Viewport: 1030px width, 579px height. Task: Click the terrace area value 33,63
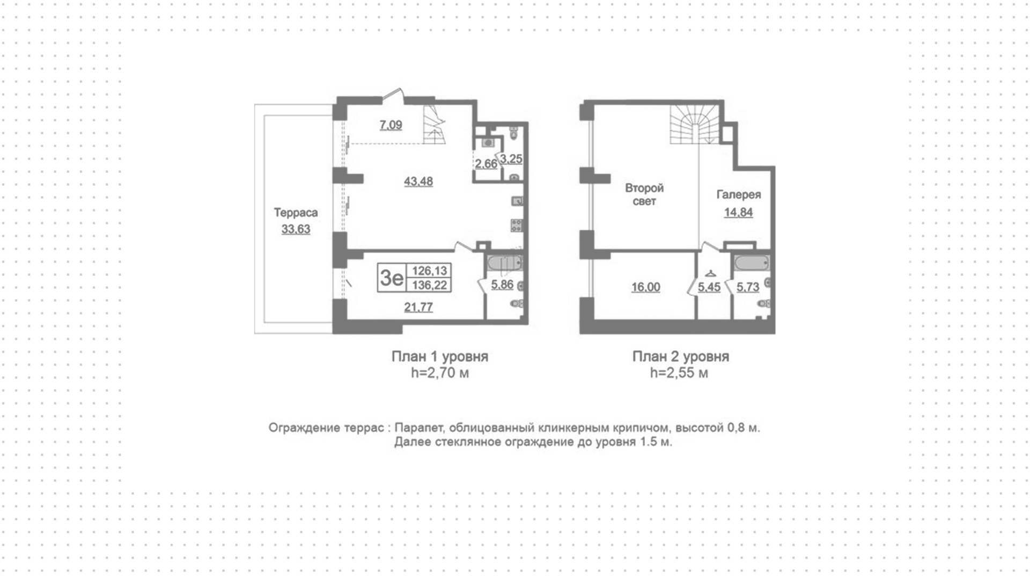pos(296,229)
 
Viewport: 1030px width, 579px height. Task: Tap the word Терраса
pos(296,213)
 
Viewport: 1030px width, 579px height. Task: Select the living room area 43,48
pos(418,182)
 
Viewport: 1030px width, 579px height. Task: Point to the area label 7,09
pos(391,125)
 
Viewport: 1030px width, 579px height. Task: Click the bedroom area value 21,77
pos(418,307)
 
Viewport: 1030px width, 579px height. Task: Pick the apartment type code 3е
pos(392,278)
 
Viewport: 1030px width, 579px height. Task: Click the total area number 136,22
pos(429,285)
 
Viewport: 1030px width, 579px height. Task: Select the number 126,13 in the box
pos(429,271)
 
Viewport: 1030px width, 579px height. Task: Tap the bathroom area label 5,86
pos(502,285)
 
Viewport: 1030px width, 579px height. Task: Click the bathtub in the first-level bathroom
pos(504,264)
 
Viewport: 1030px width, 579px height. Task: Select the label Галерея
pos(739,195)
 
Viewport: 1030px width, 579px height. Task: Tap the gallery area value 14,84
pos(739,212)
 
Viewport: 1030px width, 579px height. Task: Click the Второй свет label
pos(644,194)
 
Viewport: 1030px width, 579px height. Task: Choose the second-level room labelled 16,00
pos(646,287)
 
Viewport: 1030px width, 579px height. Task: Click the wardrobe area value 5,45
pos(709,287)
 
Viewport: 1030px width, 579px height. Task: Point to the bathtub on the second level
pos(752,264)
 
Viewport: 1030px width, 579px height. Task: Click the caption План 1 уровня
pos(440,357)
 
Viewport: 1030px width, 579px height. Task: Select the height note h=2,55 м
pos(679,373)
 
